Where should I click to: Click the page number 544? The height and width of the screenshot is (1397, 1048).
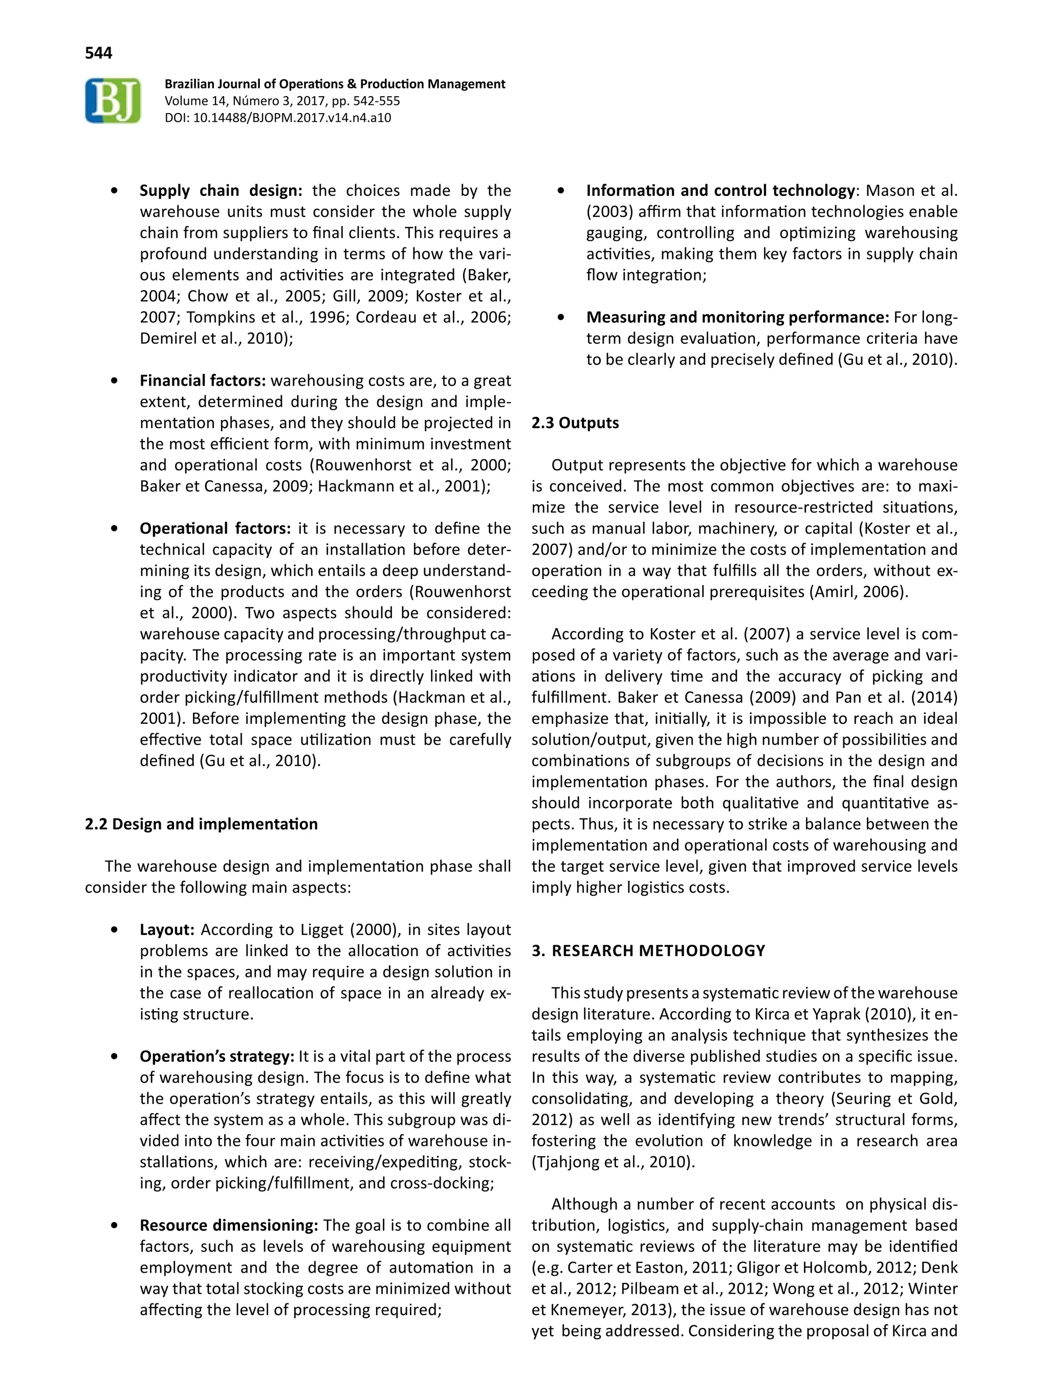coord(99,53)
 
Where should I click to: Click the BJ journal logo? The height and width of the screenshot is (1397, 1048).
coord(113,100)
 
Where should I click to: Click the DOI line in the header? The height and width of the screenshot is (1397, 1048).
coord(277,118)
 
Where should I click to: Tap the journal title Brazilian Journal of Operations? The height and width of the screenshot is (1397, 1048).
coord(334,84)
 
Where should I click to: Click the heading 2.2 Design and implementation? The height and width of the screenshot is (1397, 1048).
coord(201,824)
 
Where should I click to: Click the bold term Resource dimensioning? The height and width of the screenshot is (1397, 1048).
coord(229,1225)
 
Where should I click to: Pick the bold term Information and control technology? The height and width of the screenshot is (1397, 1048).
coord(720,191)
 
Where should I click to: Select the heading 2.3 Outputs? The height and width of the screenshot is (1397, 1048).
coord(575,423)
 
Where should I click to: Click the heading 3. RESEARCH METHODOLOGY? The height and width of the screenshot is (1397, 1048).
coord(648,951)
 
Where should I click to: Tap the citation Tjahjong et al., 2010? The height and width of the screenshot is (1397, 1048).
coord(611,1162)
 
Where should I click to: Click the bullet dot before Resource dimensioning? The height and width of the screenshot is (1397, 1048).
coord(114,1226)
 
